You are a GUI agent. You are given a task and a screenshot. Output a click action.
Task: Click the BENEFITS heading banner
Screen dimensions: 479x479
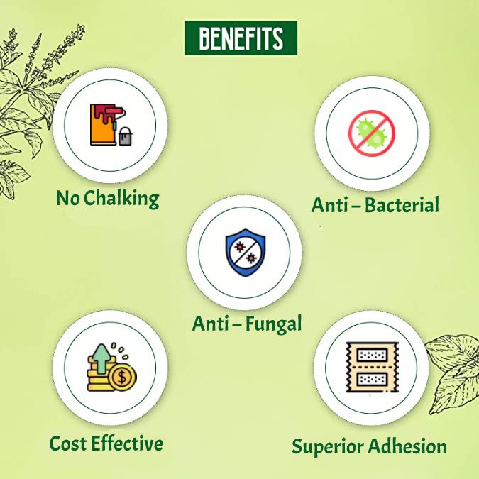pyautogui.click(x=241, y=38)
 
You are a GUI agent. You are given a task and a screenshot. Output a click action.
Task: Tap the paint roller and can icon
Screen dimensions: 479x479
pyautogui.click(x=110, y=125)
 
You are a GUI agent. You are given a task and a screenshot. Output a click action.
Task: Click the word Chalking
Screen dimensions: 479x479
pyautogui.click(x=121, y=199)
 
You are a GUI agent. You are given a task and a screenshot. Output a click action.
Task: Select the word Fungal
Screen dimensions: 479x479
pyautogui.click(x=272, y=324)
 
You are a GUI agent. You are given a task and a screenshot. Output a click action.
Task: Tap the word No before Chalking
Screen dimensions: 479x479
pyautogui.click(x=67, y=199)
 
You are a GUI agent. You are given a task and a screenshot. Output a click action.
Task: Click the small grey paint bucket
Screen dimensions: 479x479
pyautogui.click(x=126, y=136)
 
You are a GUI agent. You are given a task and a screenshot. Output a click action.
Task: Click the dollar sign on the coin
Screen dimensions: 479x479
pyautogui.click(x=123, y=378)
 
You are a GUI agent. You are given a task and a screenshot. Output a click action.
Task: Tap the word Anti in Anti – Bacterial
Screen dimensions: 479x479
pyautogui.click(x=328, y=205)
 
